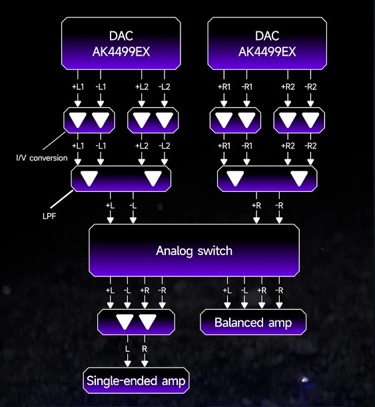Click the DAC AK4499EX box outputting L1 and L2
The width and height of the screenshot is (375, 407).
coord(121,43)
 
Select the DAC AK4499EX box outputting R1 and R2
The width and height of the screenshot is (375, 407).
coord(267,43)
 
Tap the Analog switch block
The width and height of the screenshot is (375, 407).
coord(194,250)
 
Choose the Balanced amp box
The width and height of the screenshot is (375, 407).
coord(253,322)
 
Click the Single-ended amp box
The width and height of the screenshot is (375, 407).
coord(136,380)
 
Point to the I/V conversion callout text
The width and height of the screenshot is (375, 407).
coord(42,158)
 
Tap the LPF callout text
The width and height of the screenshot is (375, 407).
coord(49,216)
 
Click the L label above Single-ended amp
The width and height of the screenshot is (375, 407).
coord(127,349)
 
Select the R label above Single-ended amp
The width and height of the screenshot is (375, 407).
coord(145,349)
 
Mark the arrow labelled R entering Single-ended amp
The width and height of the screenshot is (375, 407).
coord(145,351)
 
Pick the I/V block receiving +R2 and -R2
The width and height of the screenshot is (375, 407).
coord(299,120)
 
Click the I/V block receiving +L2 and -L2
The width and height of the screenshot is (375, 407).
coord(153,120)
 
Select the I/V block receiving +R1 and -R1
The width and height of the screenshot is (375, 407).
coord(235,120)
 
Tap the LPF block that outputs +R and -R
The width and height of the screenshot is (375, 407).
coord(267,179)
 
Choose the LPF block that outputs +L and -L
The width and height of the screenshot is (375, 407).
coord(121,179)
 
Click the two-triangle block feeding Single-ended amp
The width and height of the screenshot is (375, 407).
coord(136,322)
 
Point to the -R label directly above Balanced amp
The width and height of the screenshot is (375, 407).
coord(279,290)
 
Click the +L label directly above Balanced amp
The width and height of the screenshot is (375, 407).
coord(227,290)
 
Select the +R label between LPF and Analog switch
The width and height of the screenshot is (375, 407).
coord(256,206)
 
